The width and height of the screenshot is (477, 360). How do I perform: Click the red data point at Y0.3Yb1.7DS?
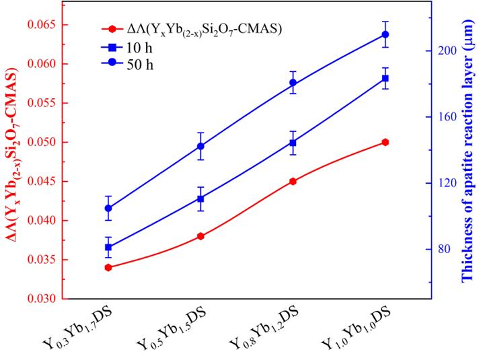click(108, 268)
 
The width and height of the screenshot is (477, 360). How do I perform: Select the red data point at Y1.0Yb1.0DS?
click(385, 142)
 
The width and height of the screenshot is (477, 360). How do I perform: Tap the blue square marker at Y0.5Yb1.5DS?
click(200, 199)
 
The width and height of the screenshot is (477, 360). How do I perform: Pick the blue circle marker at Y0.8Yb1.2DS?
click(293, 83)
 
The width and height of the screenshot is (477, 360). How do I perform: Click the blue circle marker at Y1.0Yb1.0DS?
click(385, 34)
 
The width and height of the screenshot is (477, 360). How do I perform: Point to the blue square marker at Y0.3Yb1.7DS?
click(108, 247)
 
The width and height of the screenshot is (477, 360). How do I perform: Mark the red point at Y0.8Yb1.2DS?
click(293, 181)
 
